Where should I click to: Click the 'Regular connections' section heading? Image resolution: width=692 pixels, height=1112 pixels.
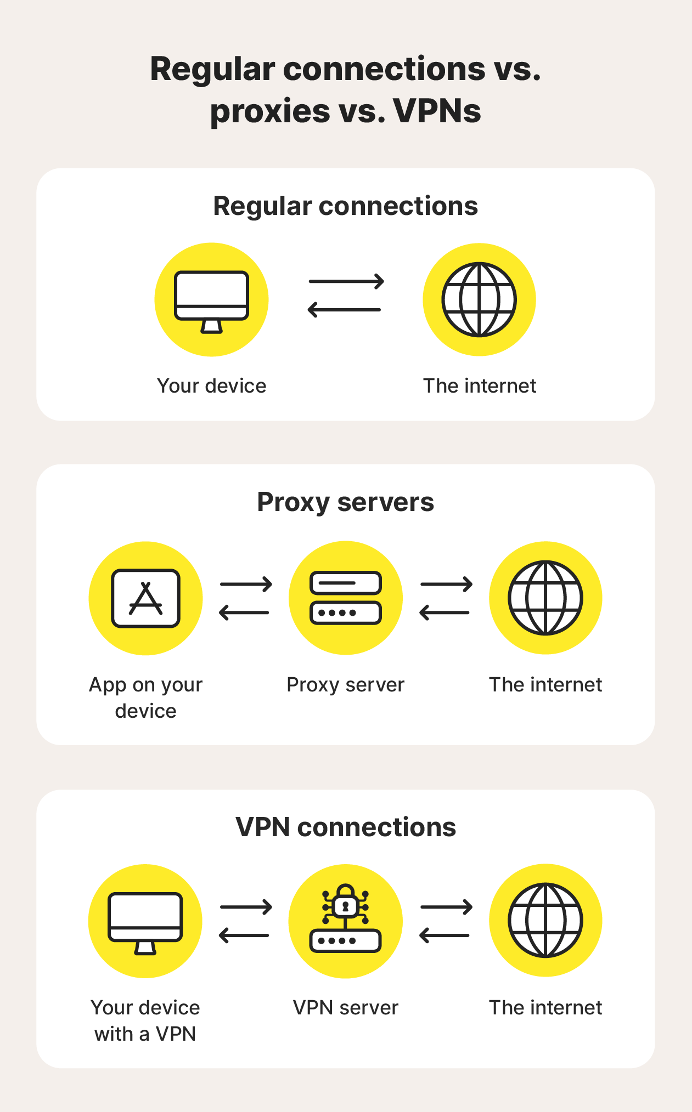[345, 206]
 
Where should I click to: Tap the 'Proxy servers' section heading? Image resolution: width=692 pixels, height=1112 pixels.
[345, 502]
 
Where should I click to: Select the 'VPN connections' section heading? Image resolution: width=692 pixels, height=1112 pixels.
[345, 827]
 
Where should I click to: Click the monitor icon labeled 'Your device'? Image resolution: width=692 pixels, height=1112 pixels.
[211, 299]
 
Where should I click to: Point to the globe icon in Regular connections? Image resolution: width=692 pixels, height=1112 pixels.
[479, 299]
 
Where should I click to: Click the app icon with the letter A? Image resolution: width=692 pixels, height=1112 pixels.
[145, 598]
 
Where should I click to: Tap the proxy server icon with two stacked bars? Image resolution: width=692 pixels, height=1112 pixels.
[345, 598]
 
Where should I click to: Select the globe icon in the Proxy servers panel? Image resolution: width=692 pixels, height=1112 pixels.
[545, 598]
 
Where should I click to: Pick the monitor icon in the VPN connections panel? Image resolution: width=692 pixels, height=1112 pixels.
[145, 921]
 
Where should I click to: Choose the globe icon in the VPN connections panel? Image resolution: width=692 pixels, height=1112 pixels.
[545, 921]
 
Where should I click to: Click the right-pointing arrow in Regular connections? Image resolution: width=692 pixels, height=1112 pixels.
[346, 282]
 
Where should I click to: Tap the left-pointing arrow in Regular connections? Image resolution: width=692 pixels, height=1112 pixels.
[344, 310]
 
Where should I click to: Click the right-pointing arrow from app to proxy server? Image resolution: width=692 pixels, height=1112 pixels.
[246, 585]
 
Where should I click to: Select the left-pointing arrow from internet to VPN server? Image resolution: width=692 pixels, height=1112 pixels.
[445, 935]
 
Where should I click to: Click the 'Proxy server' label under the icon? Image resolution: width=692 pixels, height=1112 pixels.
[345, 685]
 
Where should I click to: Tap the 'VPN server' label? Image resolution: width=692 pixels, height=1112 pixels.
[345, 1008]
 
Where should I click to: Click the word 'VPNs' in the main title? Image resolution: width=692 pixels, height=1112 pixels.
[437, 111]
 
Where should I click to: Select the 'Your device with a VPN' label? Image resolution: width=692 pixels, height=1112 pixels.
[145, 1020]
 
